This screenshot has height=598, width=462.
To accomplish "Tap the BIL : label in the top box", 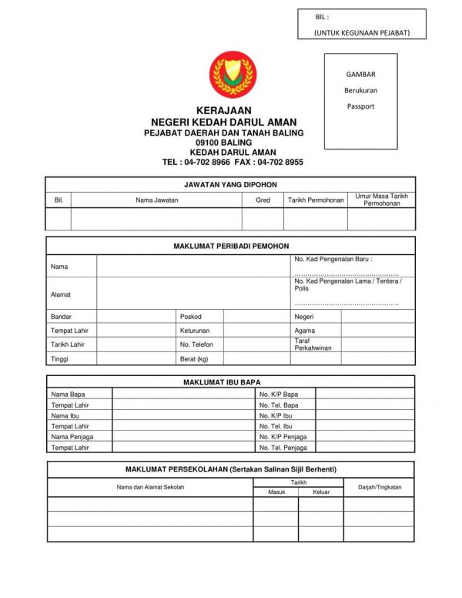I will pos(322,17).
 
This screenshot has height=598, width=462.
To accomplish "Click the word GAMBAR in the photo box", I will pos(360,75).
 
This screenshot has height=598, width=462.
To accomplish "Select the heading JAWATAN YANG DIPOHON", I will pos(230,185).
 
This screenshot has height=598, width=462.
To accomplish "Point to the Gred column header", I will pos(263,200).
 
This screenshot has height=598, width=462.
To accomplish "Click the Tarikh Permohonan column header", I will pos(316,200).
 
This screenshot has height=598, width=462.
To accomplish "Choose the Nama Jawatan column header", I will pos(156,200).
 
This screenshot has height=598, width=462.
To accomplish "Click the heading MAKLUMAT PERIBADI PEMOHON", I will pos(230,246).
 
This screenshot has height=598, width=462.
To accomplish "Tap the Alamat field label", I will pos(60,295).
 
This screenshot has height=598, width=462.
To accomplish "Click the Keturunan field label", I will pos(195,331).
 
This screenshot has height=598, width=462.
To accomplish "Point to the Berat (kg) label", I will pos(194,359).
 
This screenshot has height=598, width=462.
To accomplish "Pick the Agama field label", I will pos(304,331).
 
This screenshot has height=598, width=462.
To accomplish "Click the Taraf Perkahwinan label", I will pos(313,344).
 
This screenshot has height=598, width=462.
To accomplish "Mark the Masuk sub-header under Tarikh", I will pos(276,492).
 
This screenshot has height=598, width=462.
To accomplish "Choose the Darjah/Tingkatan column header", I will pos(380,487).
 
